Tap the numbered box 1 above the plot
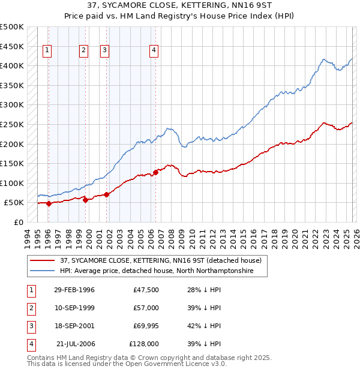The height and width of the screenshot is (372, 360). [47, 51]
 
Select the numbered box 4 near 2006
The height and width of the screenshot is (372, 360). [154, 51]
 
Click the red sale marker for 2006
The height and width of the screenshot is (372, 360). [155, 172]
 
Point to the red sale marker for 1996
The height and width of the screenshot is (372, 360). [49, 203]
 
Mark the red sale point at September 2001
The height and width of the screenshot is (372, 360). [106, 194]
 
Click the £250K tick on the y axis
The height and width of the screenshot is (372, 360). [12, 124]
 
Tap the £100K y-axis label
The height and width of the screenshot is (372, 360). [12, 183]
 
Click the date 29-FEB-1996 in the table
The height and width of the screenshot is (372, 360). [74, 290]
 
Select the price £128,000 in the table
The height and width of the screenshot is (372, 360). [143, 344]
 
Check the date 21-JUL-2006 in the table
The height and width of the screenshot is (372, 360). [75, 344]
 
